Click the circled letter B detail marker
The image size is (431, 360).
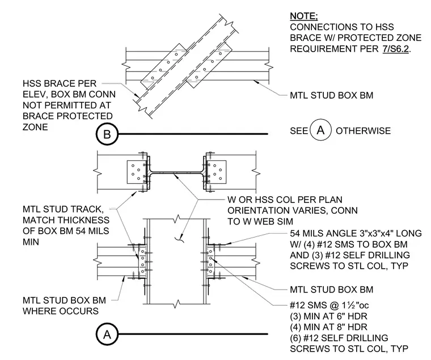click(107, 134)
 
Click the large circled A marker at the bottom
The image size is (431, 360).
click(107, 334)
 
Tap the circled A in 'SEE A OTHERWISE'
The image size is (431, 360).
click(320, 130)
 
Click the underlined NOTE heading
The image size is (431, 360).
click(304, 16)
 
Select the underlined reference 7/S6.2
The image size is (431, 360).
click(395, 49)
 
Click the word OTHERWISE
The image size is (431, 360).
click(363, 131)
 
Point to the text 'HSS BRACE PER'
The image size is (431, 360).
click(60, 83)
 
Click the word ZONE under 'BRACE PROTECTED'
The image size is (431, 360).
click(35, 127)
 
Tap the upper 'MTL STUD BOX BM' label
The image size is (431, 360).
click(332, 95)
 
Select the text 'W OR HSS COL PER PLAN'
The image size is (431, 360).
click(285, 200)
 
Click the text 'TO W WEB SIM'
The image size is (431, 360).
click(260, 222)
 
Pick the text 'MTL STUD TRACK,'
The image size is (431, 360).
click(63, 209)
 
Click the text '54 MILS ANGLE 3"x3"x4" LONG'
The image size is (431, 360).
click(356, 234)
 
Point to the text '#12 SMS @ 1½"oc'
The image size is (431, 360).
click(329, 306)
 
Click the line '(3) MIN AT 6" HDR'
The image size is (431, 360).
click(328, 316)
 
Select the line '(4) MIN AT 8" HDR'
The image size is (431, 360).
click(328, 327)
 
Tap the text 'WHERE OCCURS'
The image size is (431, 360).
click(61, 311)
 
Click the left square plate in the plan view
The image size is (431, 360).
click(137, 172)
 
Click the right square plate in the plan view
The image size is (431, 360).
click(216, 172)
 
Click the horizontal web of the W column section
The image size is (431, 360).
click(176, 172)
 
